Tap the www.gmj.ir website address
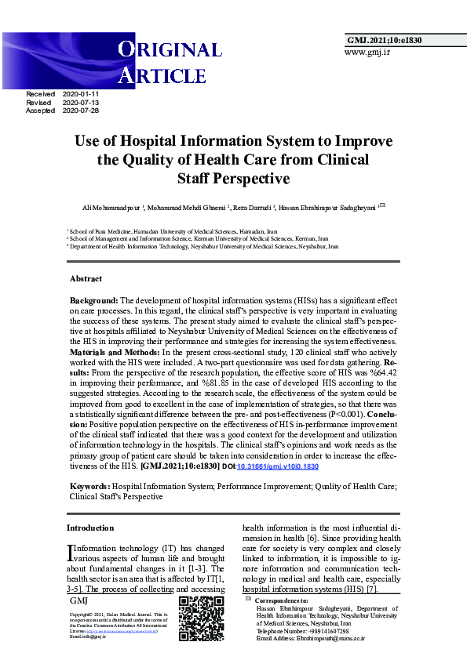(367, 52)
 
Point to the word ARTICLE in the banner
(162, 75)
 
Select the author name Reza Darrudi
(251, 207)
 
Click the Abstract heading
(86, 279)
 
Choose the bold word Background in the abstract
(93, 301)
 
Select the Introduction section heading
(90, 528)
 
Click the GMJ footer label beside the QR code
(78, 600)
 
